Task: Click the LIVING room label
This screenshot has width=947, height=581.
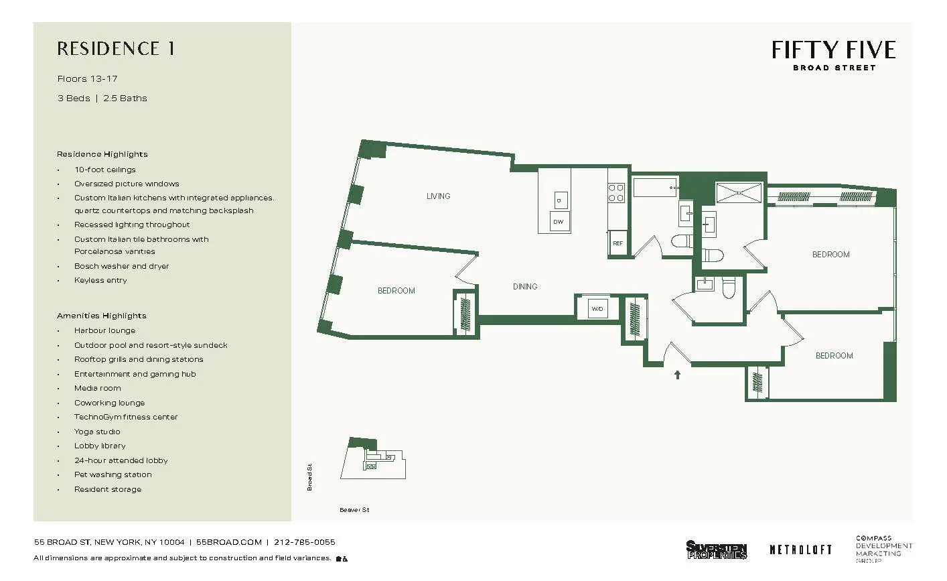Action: pyautogui.click(x=438, y=196)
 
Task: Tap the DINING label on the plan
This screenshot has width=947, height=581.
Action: pyautogui.click(x=525, y=287)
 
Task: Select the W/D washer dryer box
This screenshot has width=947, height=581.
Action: pyautogui.click(x=597, y=309)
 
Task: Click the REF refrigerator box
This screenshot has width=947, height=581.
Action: pyautogui.click(x=618, y=243)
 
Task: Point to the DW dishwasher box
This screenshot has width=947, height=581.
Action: pyautogui.click(x=559, y=221)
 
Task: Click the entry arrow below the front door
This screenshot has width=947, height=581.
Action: pyautogui.click(x=677, y=375)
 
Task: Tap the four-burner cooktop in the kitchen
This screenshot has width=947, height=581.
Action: pyautogui.click(x=616, y=193)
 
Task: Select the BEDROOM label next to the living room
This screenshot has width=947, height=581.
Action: pyautogui.click(x=396, y=291)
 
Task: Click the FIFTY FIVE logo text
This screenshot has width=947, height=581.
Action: pyautogui.click(x=833, y=50)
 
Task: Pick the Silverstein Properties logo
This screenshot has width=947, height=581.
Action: pyautogui.click(x=716, y=550)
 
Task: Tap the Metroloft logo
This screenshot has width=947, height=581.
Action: pyautogui.click(x=800, y=550)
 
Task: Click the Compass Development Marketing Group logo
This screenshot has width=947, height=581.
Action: pyautogui.click(x=883, y=549)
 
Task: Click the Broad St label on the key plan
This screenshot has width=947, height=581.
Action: pyautogui.click(x=310, y=477)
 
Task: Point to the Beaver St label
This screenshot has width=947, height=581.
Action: pyautogui.click(x=354, y=510)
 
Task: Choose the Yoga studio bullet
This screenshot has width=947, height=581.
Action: pyautogui.click(x=97, y=432)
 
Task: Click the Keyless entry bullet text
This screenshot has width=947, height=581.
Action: pyautogui.click(x=100, y=280)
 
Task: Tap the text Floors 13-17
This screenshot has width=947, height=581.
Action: pyautogui.click(x=87, y=79)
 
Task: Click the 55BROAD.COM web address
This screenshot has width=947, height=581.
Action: pyautogui.click(x=228, y=542)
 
